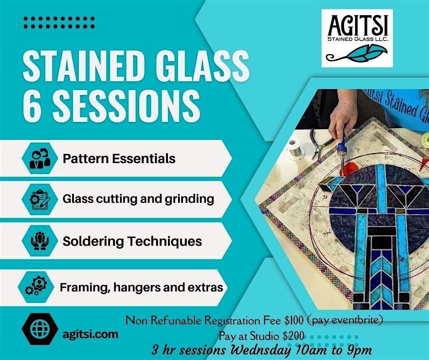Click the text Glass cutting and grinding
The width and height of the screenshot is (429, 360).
(139, 199)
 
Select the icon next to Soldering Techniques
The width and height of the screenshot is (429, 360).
(39, 241)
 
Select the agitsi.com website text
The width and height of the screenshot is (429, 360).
(90, 334)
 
